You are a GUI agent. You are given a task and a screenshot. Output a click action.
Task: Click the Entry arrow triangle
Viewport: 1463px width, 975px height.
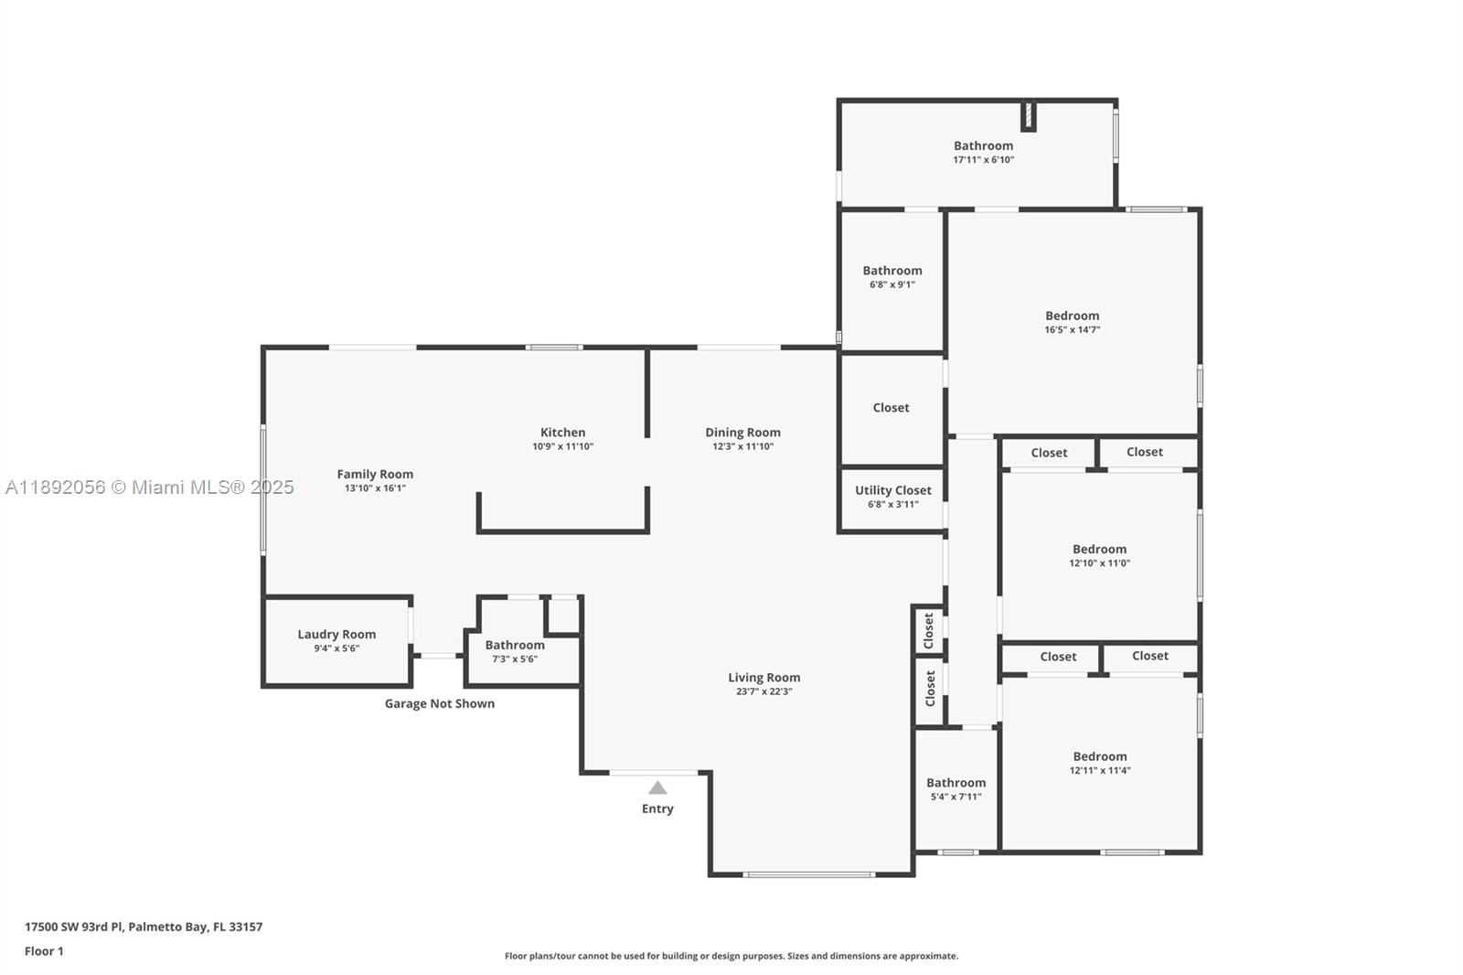657,788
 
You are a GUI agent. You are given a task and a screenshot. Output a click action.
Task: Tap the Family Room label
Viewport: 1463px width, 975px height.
375,475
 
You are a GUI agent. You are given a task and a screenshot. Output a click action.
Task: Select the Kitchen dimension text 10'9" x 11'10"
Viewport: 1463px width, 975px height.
563,447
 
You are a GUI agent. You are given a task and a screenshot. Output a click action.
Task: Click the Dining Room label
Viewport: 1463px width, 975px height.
742,433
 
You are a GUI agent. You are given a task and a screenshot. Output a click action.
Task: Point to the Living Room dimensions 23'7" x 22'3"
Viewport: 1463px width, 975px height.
764,691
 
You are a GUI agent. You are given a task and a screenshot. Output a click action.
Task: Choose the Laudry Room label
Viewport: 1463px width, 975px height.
336,635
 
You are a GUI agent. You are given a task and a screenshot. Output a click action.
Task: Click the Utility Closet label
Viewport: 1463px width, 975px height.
892,490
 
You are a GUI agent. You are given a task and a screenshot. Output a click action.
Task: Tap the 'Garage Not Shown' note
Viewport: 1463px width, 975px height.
440,703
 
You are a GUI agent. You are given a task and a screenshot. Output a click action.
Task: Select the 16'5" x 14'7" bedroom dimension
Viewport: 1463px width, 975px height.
1073,330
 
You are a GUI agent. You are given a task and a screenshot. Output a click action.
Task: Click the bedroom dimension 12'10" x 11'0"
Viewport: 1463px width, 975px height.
1099,563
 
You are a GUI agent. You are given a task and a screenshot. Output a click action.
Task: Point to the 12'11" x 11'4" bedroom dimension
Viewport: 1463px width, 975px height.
1100,770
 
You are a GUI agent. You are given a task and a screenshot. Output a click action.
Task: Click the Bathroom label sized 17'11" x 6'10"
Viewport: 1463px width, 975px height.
983,145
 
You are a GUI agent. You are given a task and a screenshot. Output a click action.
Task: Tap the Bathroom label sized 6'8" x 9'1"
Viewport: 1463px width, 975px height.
892,271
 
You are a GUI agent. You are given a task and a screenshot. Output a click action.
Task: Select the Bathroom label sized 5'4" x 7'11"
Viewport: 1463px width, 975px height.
956,783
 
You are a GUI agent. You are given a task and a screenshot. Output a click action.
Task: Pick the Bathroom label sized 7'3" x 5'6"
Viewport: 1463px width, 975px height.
515,645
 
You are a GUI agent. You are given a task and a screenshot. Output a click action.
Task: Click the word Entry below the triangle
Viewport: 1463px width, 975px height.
657,809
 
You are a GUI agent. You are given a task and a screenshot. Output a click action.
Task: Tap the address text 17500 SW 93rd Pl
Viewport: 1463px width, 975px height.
73,927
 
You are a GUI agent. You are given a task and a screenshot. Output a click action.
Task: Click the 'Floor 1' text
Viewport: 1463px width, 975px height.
44,951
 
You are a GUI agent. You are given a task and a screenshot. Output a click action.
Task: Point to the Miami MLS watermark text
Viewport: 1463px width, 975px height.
150,487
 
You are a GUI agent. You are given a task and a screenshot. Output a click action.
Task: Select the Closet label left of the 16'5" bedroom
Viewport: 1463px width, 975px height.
891,408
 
